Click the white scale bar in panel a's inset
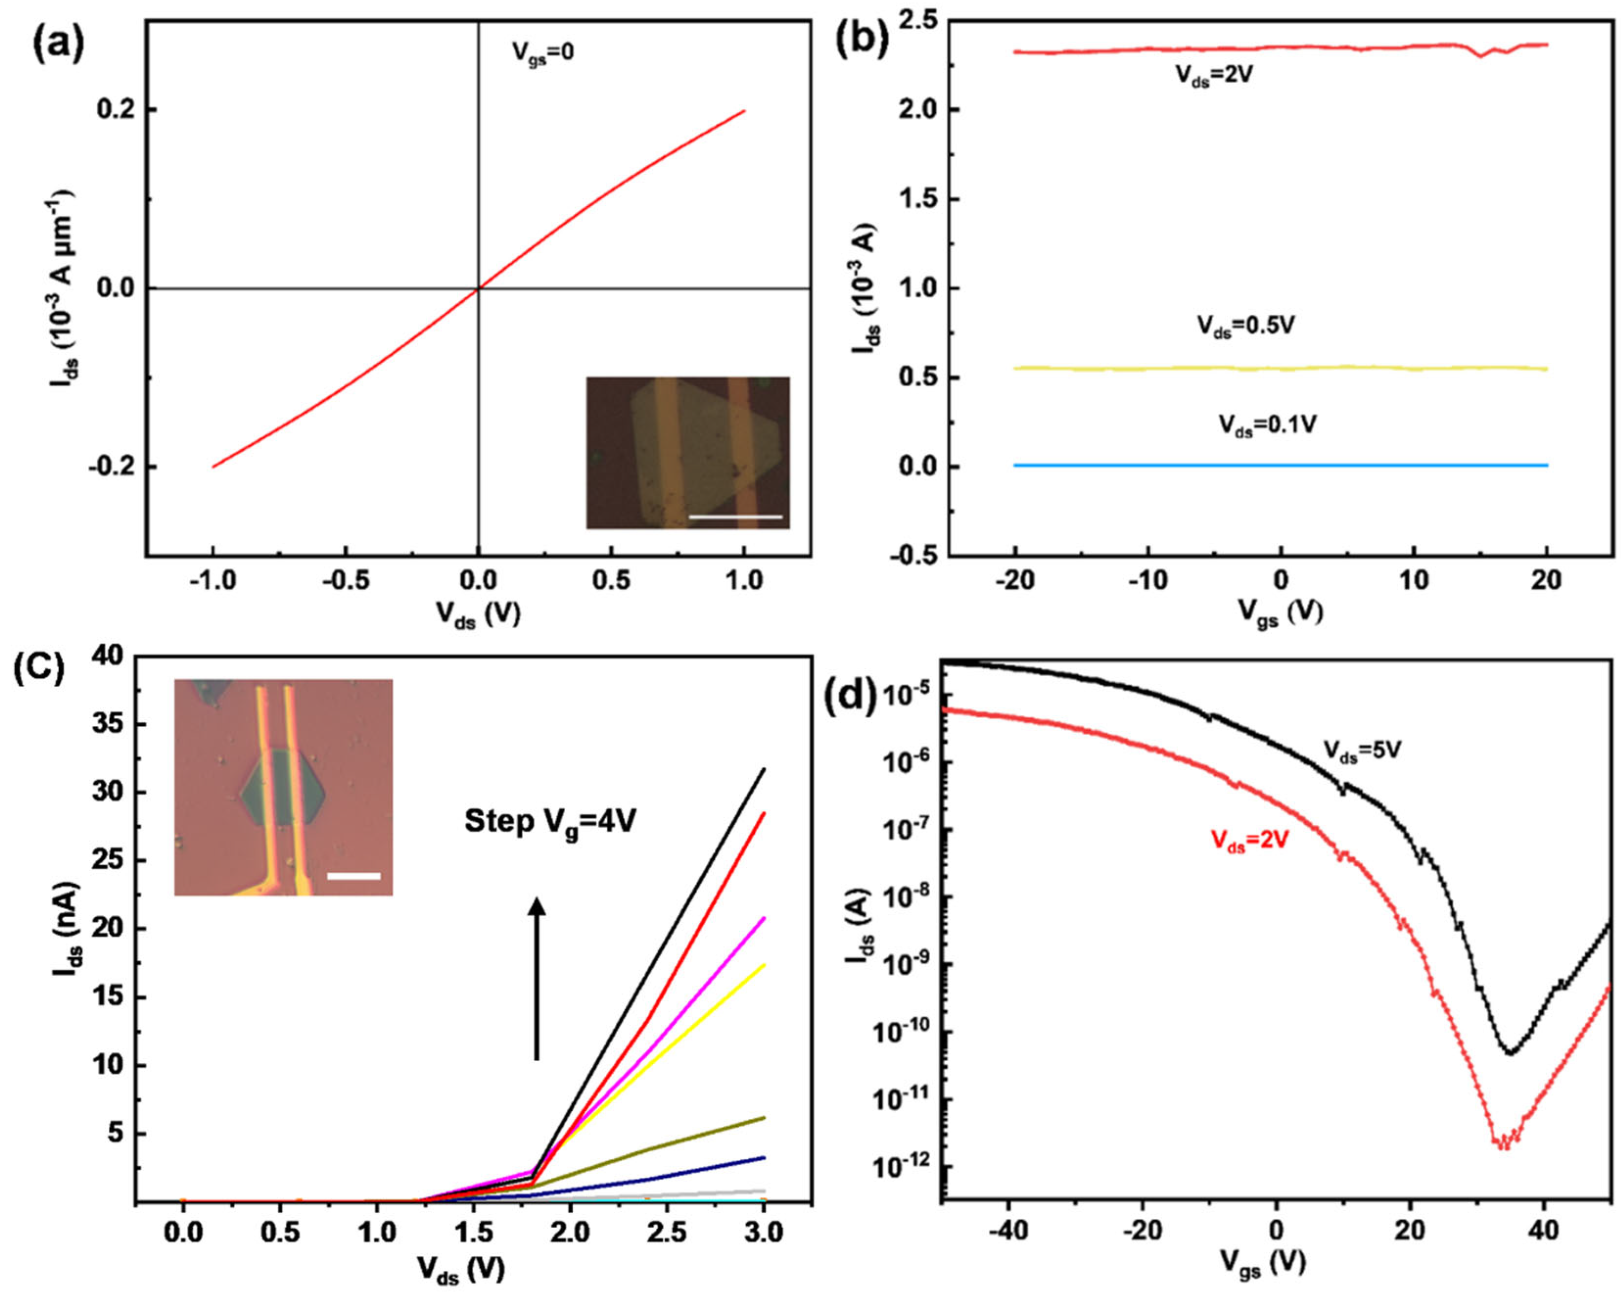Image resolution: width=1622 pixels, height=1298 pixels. click(x=735, y=517)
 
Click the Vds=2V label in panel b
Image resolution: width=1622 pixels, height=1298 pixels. click(x=1214, y=75)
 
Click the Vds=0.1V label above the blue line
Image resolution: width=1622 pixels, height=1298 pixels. click(x=1268, y=425)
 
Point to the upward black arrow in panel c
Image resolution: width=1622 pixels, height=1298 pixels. click(x=536, y=978)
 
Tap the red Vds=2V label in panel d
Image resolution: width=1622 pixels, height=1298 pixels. click(x=1249, y=841)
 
